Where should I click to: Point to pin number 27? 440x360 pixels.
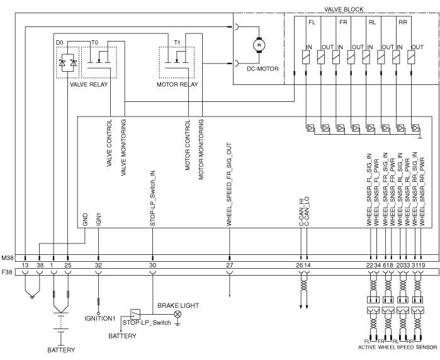pyautogui.click(x=229, y=266)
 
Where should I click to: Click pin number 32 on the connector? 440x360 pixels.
pyautogui.click(x=99, y=266)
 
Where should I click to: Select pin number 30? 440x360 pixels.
pyautogui.click(x=152, y=266)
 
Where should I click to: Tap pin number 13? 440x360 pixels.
pyautogui.click(x=25, y=266)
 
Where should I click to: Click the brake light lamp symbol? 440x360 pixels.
pyautogui.click(x=178, y=313)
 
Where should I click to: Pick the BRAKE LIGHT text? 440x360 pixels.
pyautogui.click(x=178, y=305)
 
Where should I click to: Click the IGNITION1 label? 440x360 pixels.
pyautogui.click(x=101, y=318)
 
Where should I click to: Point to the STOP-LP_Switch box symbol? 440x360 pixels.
pyautogui.click(x=135, y=313)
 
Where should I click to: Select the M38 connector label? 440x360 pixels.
pyautogui.click(x=8, y=257)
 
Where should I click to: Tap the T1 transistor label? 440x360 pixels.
pyautogui.click(x=178, y=42)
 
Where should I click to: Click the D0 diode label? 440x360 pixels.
pyautogui.click(x=60, y=42)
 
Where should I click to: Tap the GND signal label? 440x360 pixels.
pyautogui.click(x=85, y=220)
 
